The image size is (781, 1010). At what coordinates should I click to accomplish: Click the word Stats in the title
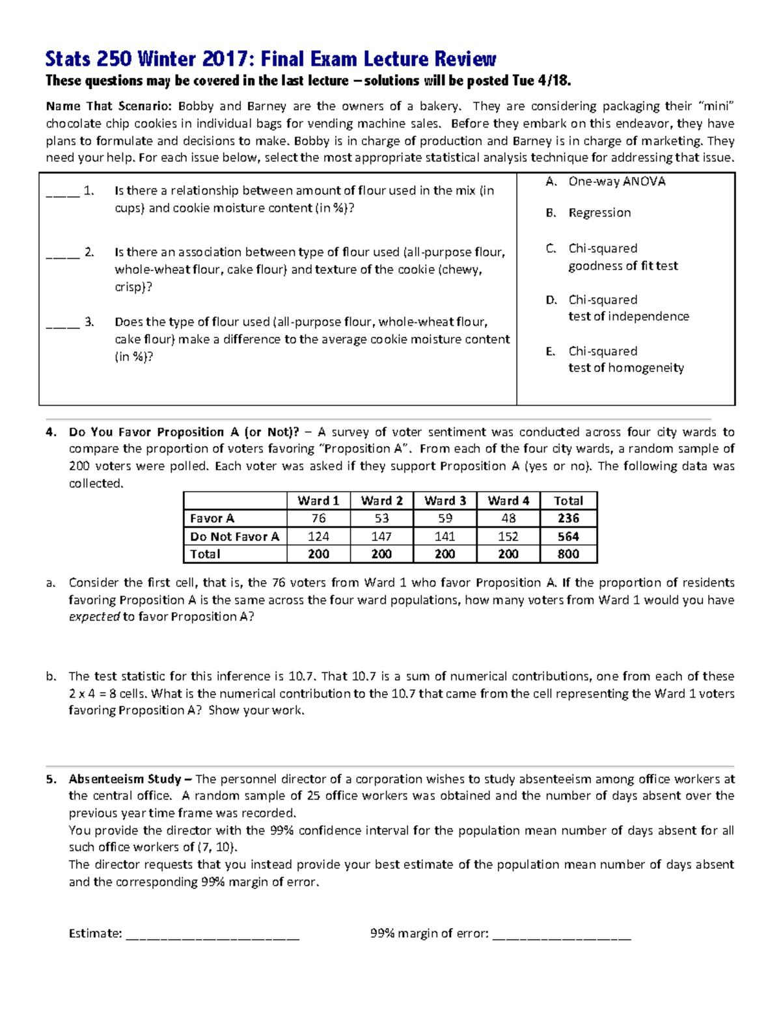(x=68, y=59)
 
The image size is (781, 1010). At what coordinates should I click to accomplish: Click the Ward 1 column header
(x=318, y=501)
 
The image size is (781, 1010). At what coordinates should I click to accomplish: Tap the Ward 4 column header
(x=508, y=501)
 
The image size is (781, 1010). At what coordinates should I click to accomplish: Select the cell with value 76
(x=318, y=518)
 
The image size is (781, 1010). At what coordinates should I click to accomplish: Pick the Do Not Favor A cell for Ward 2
(x=381, y=537)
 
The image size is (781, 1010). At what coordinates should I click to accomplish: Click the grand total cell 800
(x=568, y=554)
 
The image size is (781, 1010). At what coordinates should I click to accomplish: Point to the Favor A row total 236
(x=568, y=518)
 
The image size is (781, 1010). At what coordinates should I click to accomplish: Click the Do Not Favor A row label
(x=234, y=537)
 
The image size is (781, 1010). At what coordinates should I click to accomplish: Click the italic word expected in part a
(x=94, y=617)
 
